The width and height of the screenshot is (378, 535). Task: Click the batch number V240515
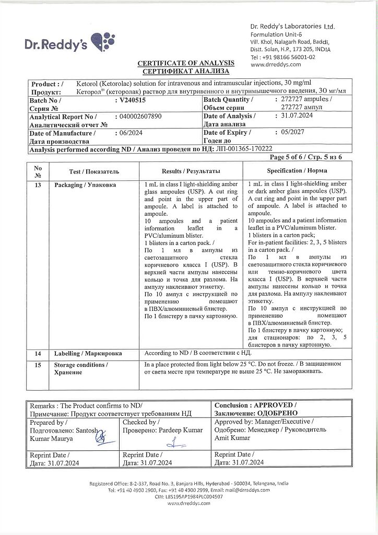point(133,99)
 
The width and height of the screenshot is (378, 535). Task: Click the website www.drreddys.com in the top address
point(276,65)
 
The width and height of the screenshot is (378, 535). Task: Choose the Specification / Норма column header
point(297,171)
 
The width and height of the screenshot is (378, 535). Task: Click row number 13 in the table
point(38,185)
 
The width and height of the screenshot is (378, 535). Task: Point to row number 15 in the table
point(38,364)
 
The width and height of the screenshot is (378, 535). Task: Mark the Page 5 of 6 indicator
point(306,157)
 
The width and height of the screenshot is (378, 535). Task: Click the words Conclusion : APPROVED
point(256,405)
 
